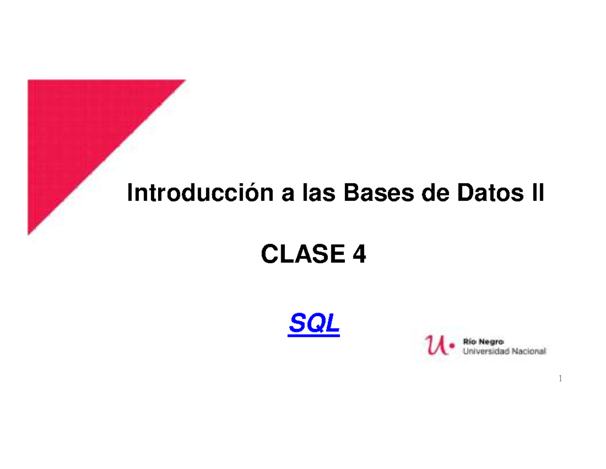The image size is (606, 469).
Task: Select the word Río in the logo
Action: [x=470, y=342]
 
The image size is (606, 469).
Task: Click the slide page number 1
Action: [x=561, y=379]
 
